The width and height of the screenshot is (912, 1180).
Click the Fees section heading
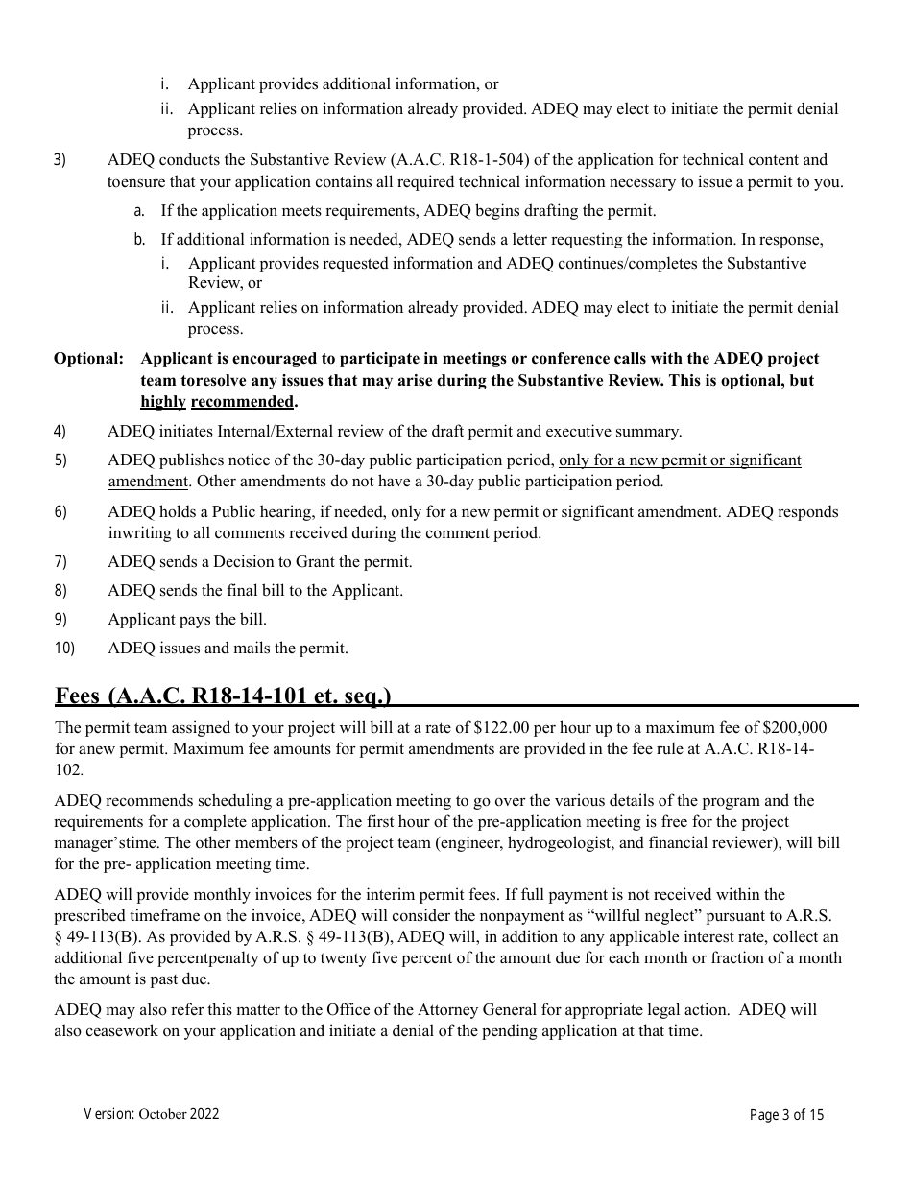click(x=223, y=696)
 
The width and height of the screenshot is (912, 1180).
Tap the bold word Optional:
click(x=88, y=359)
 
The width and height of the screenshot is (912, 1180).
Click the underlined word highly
click(x=163, y=401)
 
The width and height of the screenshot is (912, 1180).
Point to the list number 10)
click(x=64, y=649)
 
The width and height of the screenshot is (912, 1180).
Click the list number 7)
click(x=60, y=562)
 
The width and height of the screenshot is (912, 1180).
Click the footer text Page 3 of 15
click(x=786, y=1115)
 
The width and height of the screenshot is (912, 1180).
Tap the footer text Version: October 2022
click(x=152, y=1114)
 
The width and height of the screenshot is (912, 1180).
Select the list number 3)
click(x=60, y=160)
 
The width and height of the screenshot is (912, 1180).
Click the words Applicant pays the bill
click(x=187, y=620)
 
